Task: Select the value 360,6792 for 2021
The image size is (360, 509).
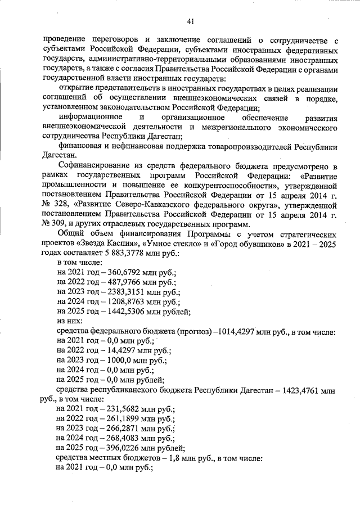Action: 121,272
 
